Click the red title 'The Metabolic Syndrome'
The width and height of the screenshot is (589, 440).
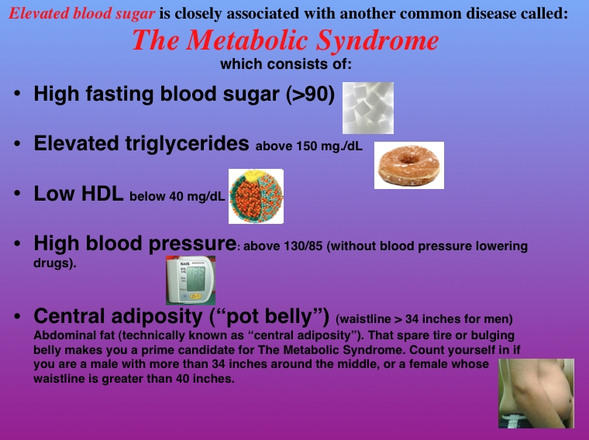[x=285, y=40]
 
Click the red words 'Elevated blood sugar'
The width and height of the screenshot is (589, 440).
[x=81, y=13]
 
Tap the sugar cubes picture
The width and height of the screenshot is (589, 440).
[x=368, y=108]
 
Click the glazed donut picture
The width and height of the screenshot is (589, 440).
[x=409, y=165]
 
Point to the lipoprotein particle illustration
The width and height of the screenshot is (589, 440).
[x=257, y=196]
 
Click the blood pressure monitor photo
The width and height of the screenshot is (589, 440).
[x=191, y=280]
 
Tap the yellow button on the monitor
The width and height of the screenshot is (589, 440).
[x=196, y=296]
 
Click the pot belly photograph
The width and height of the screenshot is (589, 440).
[x=536, y=393]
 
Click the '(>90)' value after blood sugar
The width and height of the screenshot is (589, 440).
[x=310, y=94]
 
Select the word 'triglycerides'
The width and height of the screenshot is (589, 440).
[x=187, y=144]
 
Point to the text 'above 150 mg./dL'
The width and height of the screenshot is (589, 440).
[x=309, y=146]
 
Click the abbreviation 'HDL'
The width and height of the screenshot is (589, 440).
[x=102, y=194]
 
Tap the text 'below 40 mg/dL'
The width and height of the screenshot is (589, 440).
[x=177, y=196]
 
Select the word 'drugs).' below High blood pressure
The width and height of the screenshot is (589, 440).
[x=55, y=263]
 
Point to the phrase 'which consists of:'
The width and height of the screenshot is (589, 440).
[x=286, y=64]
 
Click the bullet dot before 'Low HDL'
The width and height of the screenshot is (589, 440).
[x=17, y=194]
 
